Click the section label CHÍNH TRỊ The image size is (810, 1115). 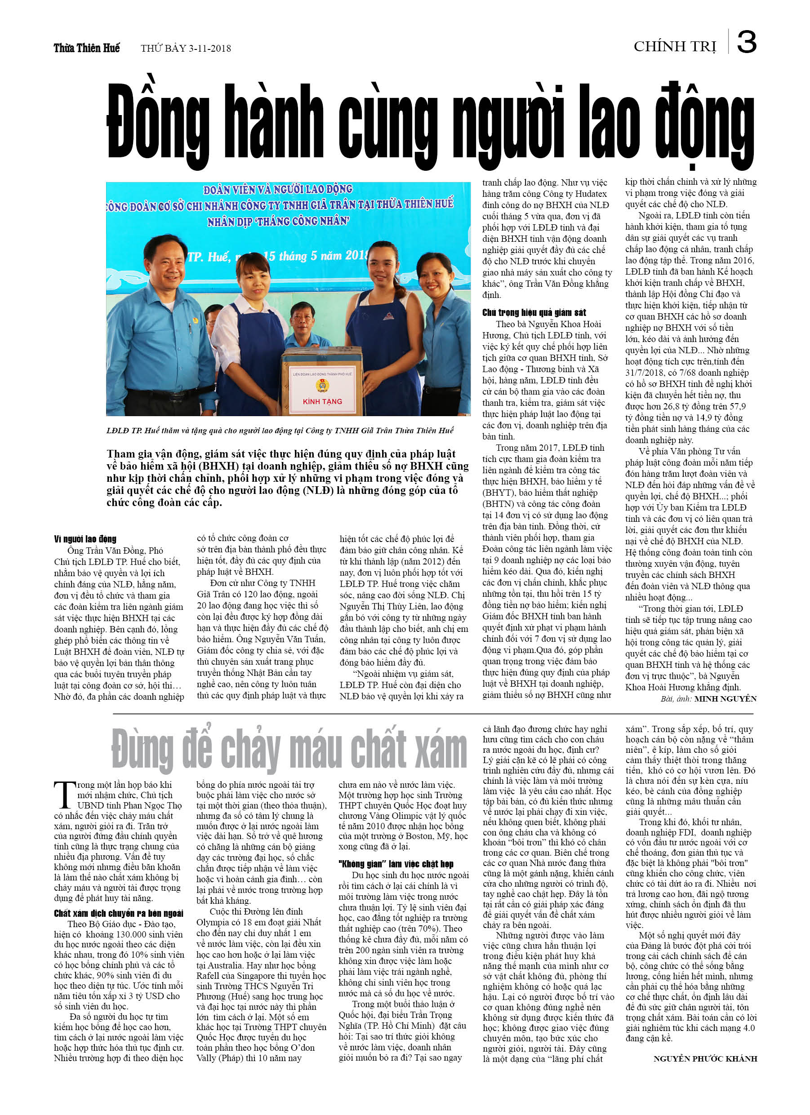tap(675, 46)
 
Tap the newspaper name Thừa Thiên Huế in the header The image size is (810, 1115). tap(87, 48)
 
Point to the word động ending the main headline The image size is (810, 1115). tap(704, 125)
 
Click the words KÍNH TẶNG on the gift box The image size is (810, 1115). tap(322, 401)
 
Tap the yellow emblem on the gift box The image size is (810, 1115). tap(322, 385)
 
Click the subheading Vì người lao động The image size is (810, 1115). tap(85, 539)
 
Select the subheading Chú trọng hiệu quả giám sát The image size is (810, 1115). tap(534, 312)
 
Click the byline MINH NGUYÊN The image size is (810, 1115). tap(725, 698)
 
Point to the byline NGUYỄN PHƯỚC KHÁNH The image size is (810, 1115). tap(705, 1058)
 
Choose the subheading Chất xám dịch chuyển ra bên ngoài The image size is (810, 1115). tap(118, 913)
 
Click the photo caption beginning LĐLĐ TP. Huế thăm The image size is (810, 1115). tap(279, 430)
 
